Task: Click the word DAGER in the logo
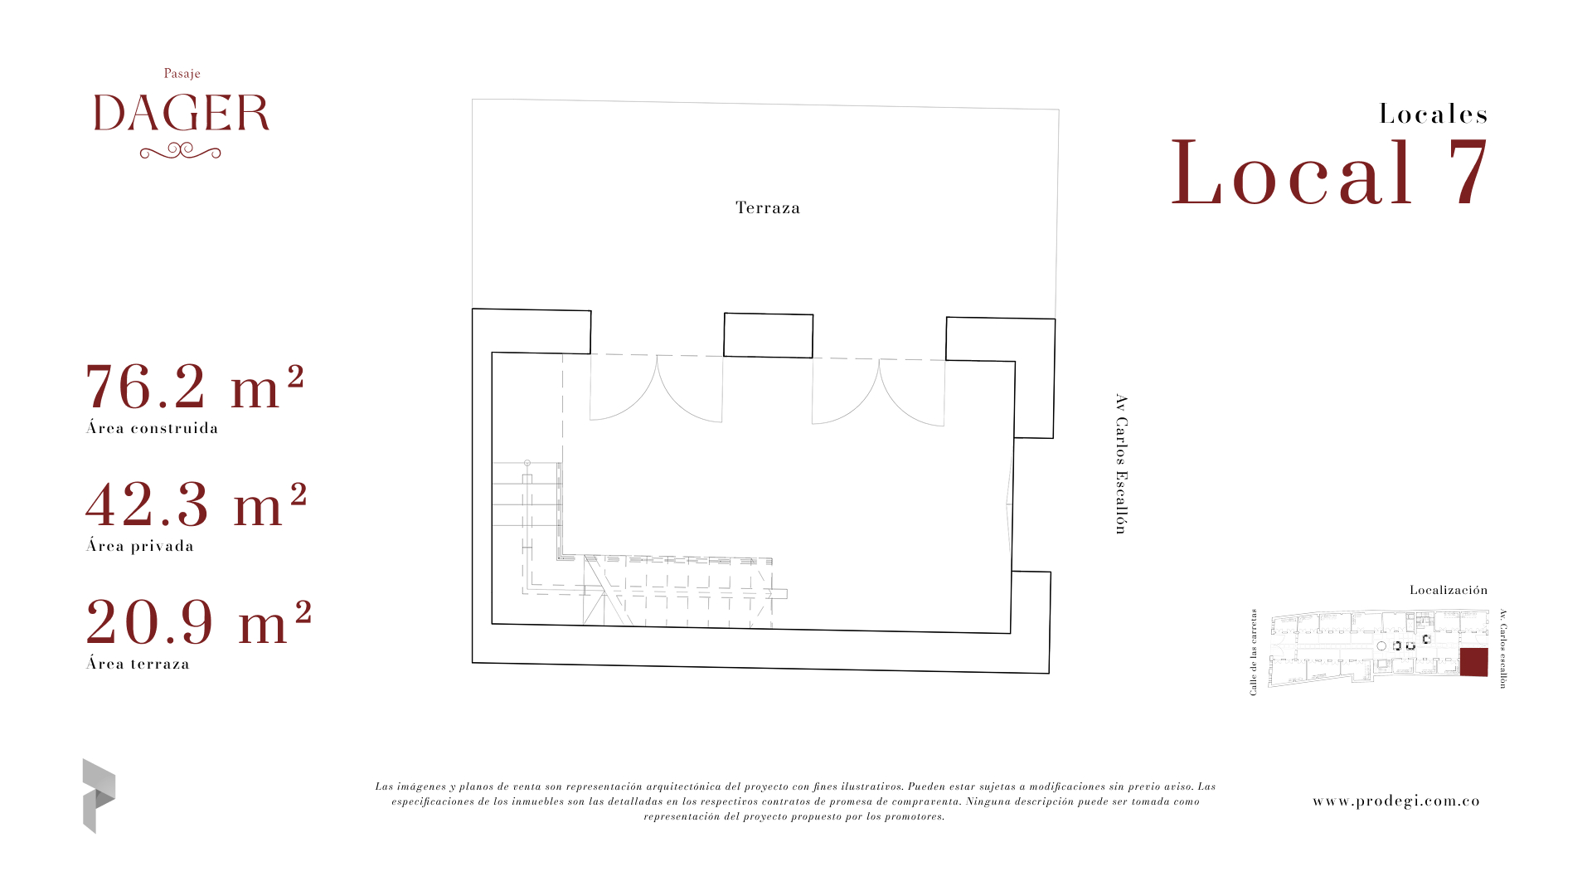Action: pyautogui.click(x=182, y=114)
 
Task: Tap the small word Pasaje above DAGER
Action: pyautogui.click(x=182, y=74)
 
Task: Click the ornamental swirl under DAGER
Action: pyautogui.click(x=180, y=151)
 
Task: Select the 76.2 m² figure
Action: pyautogui.click(x=195, y=387)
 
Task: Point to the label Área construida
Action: pyautogui.click(x=153, y=428)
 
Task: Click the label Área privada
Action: pyautogui.click(x=140, y=546)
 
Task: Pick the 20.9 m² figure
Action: pyautogui.click(x=198, y=622)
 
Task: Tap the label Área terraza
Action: pyautogui.click(x=138, y=664)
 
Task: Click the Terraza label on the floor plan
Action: pyautogui.click(x=768, y=207)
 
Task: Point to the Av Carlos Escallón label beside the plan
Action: pyautogui.click(x=1121, y=464)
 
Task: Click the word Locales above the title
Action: pyautogui.click(x=1434, y=114)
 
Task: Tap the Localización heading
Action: pyautogui.click(x=1449, y=590)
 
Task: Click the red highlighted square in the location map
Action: pyautogui.click(x=1473, y=662)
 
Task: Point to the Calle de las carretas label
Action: pyautogui.click(x=1254, y=652)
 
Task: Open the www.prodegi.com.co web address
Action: pyautogui.click(x=1396, y=801)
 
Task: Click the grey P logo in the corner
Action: pyautogui.click(x=99, y=796)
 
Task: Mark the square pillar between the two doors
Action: pyautogui.click(x=768, y=335)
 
